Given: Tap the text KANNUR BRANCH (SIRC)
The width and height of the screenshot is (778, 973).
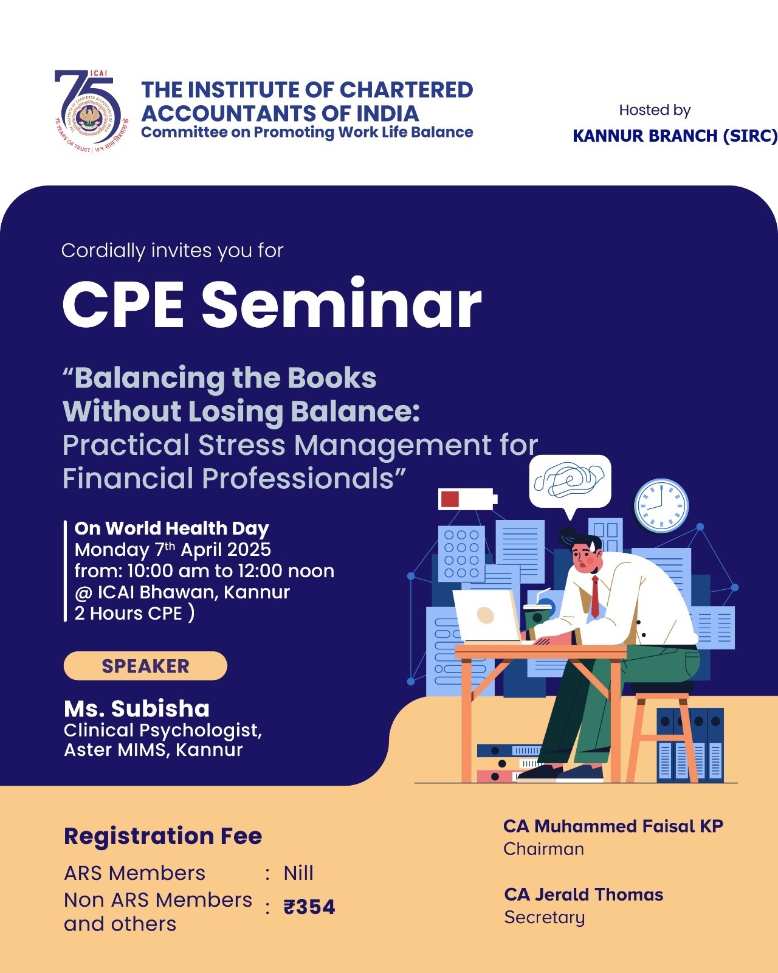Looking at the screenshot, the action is (x=675, y=136).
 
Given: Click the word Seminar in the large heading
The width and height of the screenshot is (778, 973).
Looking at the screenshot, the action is (x=342, y=304).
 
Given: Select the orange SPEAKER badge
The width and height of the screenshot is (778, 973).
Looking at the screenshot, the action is (x=145, y=666).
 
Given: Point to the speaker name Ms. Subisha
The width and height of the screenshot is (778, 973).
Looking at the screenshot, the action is (x=137, y=708).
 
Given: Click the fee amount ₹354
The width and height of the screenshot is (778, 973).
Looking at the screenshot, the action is (x=309, y=907).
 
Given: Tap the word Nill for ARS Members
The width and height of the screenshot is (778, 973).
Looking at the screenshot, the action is (x=298, y=873).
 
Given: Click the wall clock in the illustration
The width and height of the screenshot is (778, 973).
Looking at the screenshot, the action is (x=661, y=505).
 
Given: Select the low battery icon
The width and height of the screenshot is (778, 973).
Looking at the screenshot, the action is (x=468, y=499).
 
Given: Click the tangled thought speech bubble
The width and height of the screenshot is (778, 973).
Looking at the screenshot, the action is (x=570, y=485).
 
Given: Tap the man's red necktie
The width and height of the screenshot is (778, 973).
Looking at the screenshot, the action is (x=596, y=597).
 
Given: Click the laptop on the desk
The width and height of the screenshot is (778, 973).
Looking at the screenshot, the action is (x=487, y=615).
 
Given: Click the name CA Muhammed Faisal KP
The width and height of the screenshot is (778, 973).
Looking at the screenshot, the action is (x=613, y=826).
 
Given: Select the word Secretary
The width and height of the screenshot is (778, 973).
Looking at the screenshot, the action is (x=544, y=918).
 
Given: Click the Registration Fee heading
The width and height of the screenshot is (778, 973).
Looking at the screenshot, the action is (x=163, y=836).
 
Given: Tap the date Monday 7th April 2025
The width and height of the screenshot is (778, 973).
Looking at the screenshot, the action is (x=173, y=550).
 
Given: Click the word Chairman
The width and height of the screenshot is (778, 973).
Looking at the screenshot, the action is (x=543, y=849).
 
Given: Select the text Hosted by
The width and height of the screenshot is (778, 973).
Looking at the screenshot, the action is (x=655, y=110).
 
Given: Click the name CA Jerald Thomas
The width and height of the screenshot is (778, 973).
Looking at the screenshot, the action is (x=583, y=895).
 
